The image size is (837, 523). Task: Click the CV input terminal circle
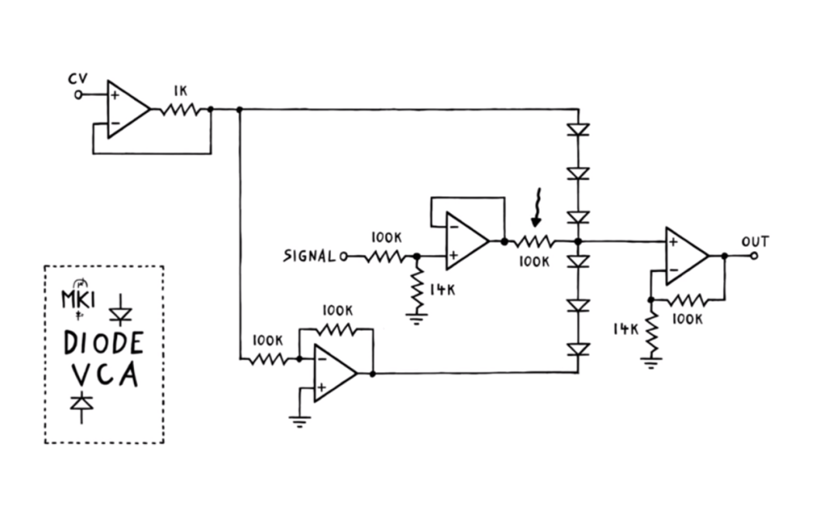pos(77,95)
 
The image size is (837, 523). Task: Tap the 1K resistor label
pos(180,91)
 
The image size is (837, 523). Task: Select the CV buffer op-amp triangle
pos(126,109)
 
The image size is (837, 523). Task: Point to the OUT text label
pos(754,241)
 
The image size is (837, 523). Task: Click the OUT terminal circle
pos(753,255)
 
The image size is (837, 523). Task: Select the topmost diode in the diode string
pos(578,129)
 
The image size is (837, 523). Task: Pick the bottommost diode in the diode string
pos(578,350)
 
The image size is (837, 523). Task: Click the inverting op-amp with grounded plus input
pos(332,373)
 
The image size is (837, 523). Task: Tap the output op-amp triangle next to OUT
pos(684,256)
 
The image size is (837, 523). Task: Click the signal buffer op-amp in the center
pos(465,242)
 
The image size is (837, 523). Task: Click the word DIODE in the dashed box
pos(104,343)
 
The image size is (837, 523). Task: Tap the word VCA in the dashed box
pos(105,376)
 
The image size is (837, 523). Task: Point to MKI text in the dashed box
pos(77,298)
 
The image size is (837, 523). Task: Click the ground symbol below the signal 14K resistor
pos(418,318)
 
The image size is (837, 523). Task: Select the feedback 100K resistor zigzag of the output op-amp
pos(685,299)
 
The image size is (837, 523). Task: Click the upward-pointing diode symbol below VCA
pos(81,404)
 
